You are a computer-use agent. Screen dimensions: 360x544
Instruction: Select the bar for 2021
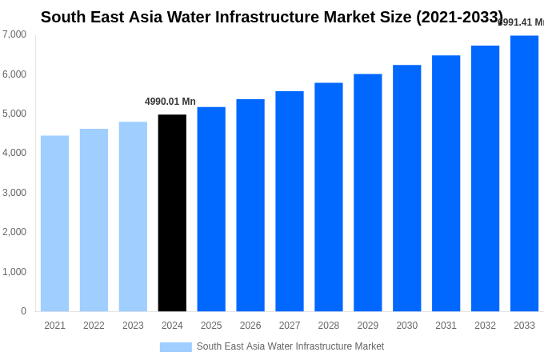(54, 223)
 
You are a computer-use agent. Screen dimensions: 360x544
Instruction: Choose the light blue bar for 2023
(133, 216)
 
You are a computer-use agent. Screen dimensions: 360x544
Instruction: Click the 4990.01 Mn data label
(170, 102)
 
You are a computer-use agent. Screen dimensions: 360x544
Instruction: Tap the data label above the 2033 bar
(522, 22)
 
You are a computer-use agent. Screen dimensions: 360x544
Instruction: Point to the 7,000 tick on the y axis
(14, 34)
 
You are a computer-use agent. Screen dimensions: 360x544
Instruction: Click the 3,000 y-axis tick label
(14, 193)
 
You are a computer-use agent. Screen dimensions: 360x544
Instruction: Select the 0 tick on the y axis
(23, 311)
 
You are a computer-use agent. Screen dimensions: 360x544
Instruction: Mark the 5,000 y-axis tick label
(14, 114)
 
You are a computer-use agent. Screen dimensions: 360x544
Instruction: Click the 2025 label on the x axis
(211, 326)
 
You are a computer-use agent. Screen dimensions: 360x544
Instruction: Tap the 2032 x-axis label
(485, 326)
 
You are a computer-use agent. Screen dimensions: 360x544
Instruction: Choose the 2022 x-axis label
(94, 326)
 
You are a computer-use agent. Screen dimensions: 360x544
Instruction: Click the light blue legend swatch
(175, 347)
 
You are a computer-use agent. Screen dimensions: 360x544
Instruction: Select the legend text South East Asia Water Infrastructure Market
(290, 346)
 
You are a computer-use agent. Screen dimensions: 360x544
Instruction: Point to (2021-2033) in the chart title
(459, 17)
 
